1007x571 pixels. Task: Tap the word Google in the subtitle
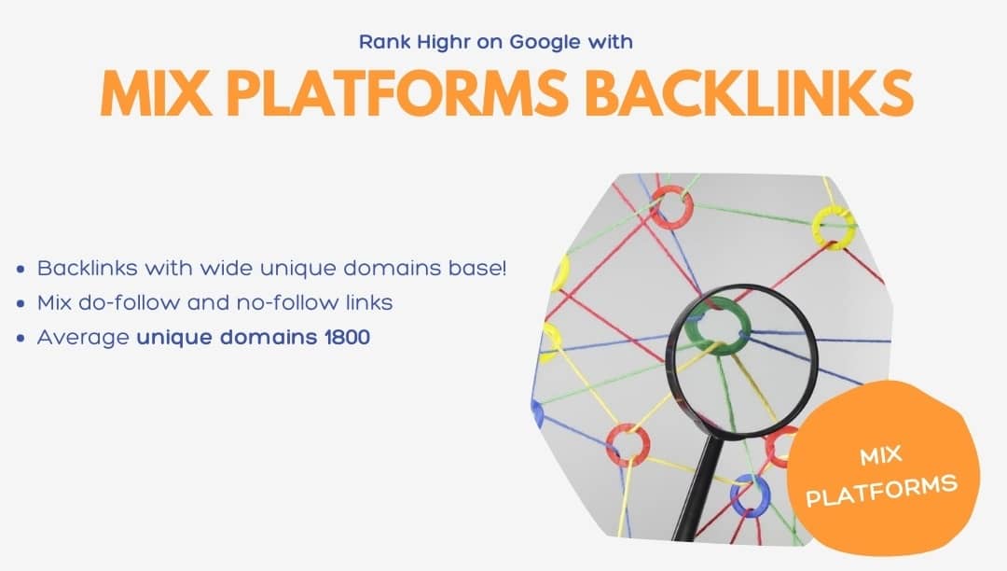pos(536,43)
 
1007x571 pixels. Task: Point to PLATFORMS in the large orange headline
pos(397,93)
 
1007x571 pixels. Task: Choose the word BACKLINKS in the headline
pos(750,93)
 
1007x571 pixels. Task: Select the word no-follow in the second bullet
pos(287,302)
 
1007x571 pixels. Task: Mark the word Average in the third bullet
pos(84,337)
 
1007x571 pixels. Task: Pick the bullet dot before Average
pos(21,338)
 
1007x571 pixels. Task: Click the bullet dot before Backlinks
pos(21,269)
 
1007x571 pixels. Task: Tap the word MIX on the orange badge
pos(880,456)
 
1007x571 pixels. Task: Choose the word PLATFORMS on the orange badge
pos(882,492)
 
